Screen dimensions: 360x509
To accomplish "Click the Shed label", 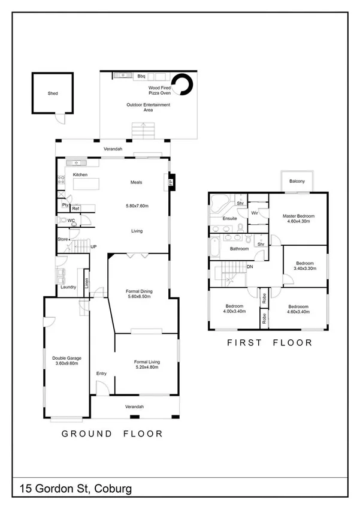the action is point(53,94).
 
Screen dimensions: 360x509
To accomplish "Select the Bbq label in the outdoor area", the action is point(142,77).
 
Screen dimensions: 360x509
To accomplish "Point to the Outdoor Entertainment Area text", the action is point(148,107).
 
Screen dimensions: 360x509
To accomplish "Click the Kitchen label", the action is point(80,174).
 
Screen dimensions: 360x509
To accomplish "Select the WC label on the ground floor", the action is point(71,221).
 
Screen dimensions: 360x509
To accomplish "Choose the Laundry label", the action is point(68,287).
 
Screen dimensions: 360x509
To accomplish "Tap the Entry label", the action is point(101,374).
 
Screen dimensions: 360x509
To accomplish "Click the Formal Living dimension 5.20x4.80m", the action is point(146,367).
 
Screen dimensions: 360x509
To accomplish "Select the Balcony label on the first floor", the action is point(297,182).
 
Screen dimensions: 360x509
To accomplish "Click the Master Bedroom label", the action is point(299,216).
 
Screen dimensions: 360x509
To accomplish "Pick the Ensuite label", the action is point(230,219).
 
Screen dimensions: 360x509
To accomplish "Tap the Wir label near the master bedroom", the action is point(255,213).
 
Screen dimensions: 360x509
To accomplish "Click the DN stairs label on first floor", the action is point(249,267).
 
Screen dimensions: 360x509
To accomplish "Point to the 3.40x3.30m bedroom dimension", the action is point(305,269).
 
